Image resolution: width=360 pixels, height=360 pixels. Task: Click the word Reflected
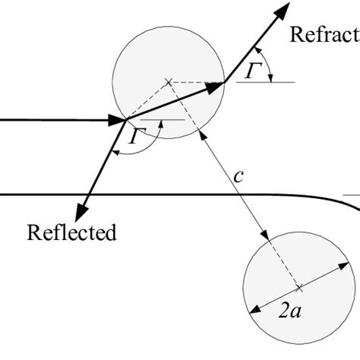(71, 232)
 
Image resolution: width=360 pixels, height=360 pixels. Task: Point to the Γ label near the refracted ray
(254, 69)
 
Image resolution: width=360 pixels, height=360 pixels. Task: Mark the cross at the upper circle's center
(168, 81)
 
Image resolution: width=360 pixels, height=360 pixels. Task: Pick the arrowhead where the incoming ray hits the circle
(121, 119)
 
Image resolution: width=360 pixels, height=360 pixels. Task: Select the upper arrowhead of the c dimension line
(201, 134)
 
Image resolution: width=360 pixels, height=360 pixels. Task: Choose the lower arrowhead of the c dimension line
(266, 235)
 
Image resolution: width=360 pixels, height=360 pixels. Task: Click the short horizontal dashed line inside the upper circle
(194, 81)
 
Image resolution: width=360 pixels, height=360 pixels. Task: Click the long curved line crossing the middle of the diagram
(152, 194)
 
